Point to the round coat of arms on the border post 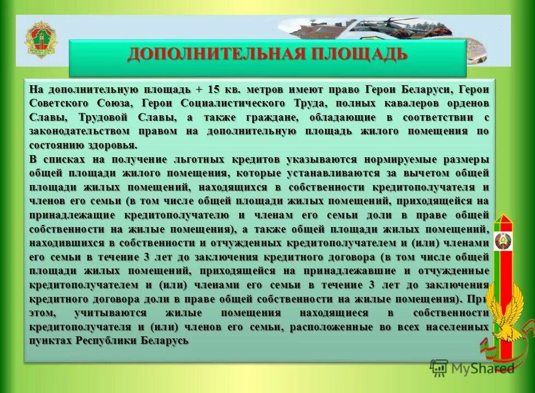tap(502, 241)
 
